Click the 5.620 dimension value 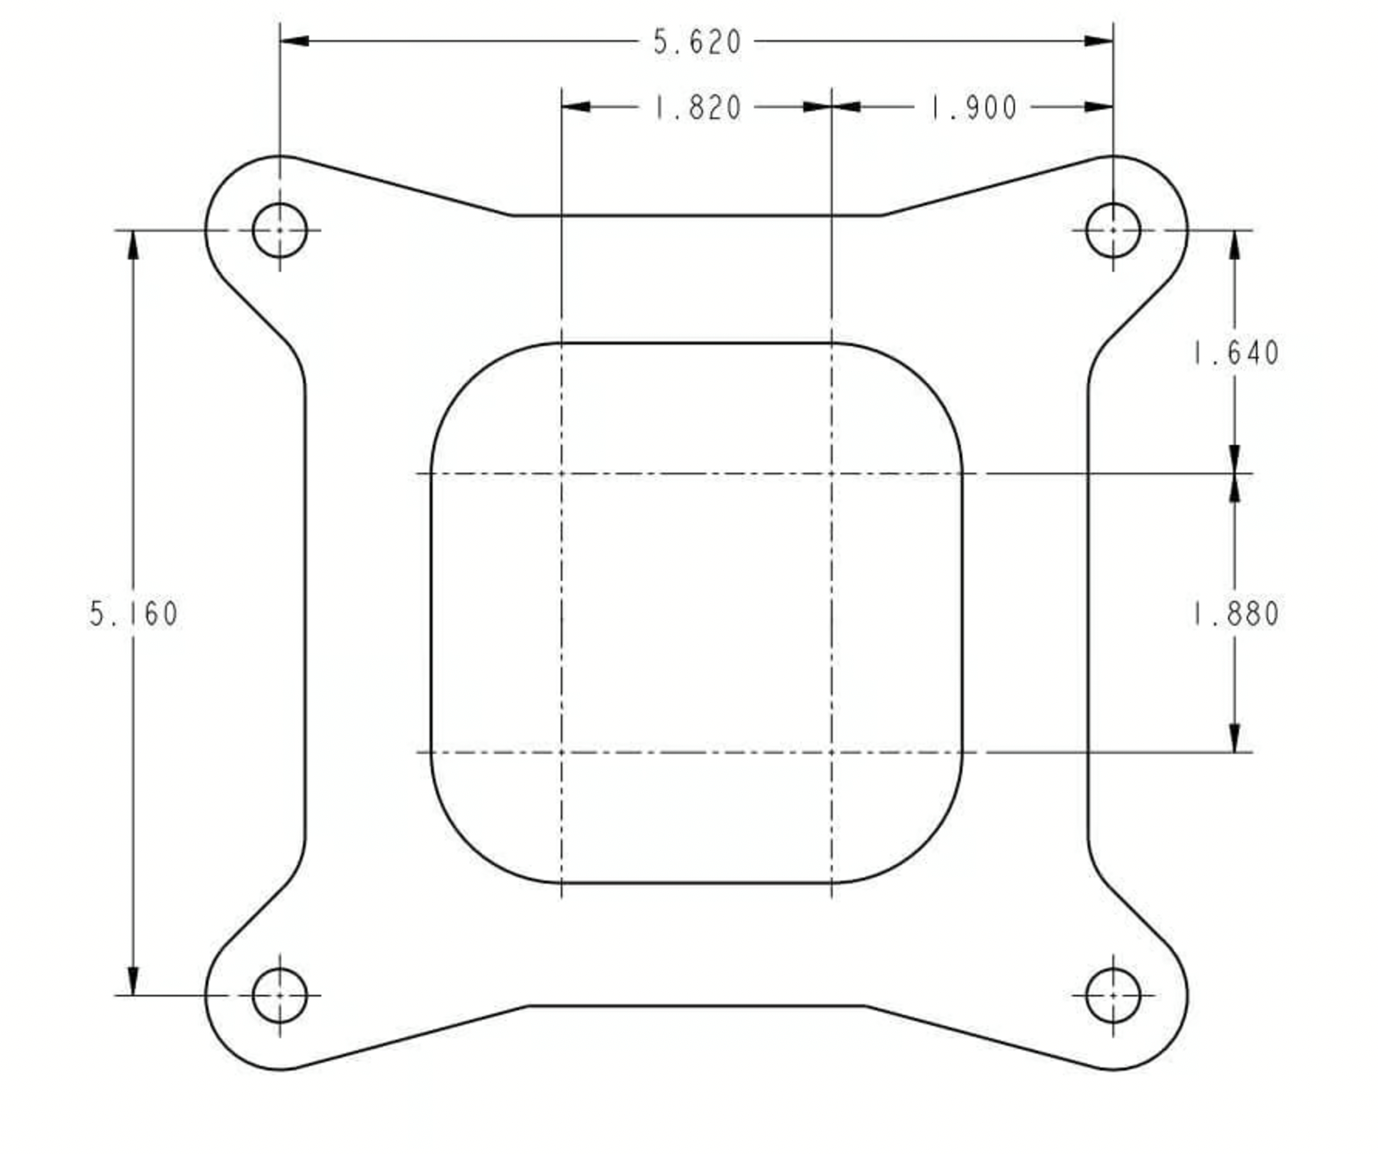point(697,42)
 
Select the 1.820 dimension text point(698,107)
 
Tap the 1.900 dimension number point(973,107)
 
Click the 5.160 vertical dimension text point(134,614)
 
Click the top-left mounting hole point(280,230)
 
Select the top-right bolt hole point(1113,230)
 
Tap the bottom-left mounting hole point(280,996)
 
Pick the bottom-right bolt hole point(1113,996)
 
